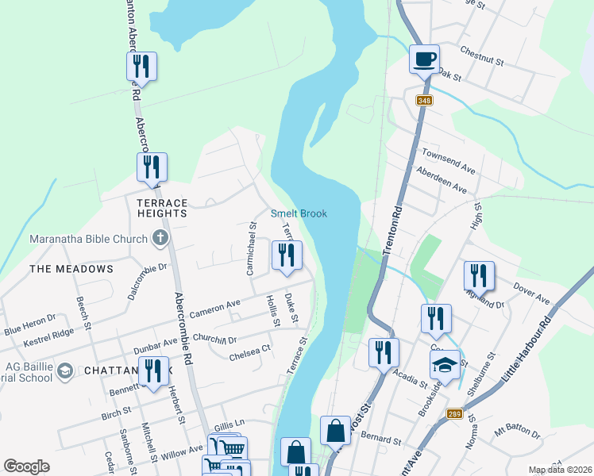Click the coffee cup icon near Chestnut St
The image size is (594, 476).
coord(424,58)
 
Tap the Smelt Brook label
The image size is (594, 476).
coord(299,213)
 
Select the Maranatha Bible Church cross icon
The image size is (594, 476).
coord(160,238)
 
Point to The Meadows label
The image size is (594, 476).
coord(71,269)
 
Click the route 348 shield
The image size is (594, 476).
coord(424,100)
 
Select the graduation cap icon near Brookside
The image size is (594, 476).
coord(445,366)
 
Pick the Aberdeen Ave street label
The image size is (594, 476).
coord(442,181)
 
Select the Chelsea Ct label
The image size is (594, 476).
coord(249,352)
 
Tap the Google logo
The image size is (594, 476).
coord(27,466)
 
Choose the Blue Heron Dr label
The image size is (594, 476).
coord(29,324)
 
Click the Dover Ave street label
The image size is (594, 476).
coord(531,293)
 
